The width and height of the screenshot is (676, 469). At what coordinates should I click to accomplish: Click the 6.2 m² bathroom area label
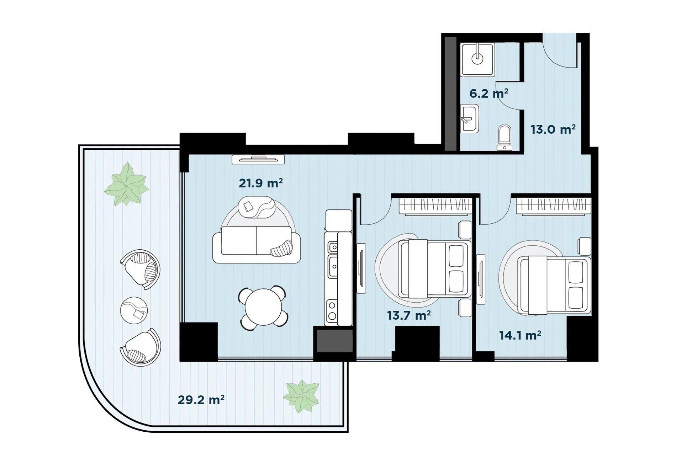tap(489, 93)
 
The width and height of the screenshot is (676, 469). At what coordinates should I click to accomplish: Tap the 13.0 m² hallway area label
tap(553, 129)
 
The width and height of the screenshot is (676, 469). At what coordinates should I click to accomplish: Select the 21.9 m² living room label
tap(261, 183)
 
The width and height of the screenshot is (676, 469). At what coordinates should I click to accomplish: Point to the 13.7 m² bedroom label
tap(409, 315)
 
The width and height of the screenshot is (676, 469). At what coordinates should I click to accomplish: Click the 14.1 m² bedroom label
tap(520, 335)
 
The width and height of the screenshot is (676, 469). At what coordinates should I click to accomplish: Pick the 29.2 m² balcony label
tap(201, 400)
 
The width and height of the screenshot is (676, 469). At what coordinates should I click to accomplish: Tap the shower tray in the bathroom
tap(477, 60)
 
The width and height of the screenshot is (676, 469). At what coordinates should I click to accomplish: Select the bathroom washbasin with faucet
tap(470, 118)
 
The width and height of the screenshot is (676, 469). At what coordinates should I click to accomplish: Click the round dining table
tap(263, 307)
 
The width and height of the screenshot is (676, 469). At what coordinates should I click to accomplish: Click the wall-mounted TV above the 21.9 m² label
tap(258, 159)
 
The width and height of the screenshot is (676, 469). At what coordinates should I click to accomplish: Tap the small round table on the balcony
tap(134, 310)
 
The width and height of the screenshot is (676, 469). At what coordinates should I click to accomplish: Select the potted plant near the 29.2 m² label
tap(302, 396)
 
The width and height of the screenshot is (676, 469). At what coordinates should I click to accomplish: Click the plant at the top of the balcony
tap(127, 184)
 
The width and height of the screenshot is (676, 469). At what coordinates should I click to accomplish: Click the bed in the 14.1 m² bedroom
tap(554, 285)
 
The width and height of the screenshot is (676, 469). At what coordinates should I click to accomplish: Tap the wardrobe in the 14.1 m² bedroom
tap(553, 206)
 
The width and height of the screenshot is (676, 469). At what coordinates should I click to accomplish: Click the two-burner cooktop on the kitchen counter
tap(332, 310)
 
